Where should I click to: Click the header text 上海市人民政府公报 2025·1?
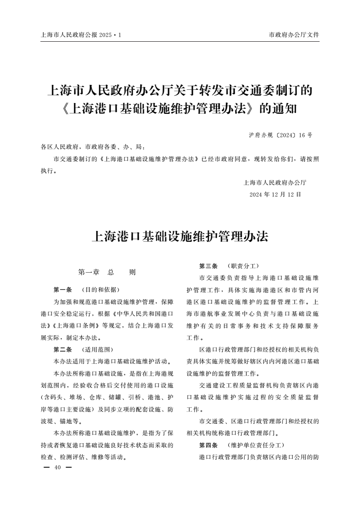tap(81, 34)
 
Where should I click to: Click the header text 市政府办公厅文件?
tap(294, 34)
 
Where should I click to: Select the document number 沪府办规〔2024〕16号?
tap(281, 135)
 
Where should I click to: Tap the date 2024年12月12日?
tap(275, 194)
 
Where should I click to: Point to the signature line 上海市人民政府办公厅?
tap(275, 183)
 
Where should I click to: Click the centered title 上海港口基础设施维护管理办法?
tap(180, 236)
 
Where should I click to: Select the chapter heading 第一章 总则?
tap(107, 273)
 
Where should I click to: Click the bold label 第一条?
tap(63, 289)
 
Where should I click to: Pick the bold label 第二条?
tap(63, 350)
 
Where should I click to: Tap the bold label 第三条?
tap(208, 265)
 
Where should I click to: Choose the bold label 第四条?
tap(208, 445)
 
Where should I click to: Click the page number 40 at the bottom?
tap(57, 468)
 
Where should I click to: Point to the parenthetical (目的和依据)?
tap(100, 289)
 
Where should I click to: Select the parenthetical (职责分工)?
tap(243, 265)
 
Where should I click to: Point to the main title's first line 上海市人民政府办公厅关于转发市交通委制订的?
tap(180, 90)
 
